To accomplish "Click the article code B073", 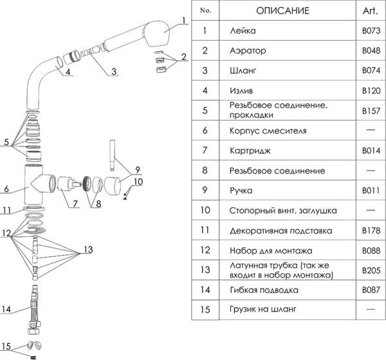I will [369, 31].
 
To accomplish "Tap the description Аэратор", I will [246, 50].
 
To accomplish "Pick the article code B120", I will [369, 90].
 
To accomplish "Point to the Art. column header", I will [369, 11].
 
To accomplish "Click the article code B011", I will [369, 191].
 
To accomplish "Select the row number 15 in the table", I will [205, 309].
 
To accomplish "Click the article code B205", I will [369, 270].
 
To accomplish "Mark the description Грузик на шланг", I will [262, 309].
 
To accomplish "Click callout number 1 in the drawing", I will [183, 21].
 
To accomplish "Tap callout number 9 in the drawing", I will [136, 171].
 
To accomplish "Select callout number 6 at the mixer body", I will [5, 189].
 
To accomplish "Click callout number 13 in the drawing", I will [88, 249].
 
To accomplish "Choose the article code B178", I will [369, 230].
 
